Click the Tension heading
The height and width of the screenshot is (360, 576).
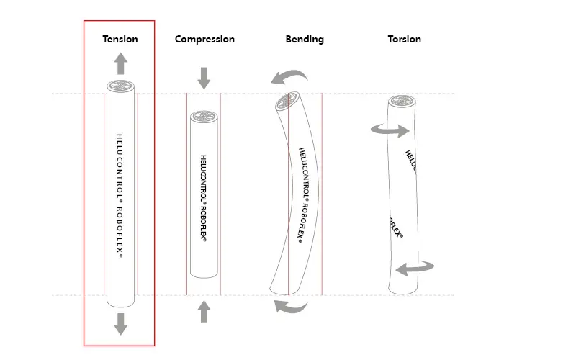point(120,39)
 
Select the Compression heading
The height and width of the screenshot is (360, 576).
point(204,39)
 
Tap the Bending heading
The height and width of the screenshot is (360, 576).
point(305,39)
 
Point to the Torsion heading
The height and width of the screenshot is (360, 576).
point(404,39)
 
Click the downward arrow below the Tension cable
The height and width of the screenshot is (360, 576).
point(120,324)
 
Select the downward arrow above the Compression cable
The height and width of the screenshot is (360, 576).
point(204,78)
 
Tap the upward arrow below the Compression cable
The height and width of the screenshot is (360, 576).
point(204,310)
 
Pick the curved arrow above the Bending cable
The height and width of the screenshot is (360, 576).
point(289,75)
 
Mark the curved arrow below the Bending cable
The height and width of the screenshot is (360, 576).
point(291,307)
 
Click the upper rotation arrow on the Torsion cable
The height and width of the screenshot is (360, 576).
point(390,130)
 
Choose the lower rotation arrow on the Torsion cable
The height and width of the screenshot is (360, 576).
point(415,269)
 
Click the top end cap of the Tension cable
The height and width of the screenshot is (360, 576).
point(120,86)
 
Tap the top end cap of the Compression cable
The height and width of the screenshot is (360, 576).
point(204,116)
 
